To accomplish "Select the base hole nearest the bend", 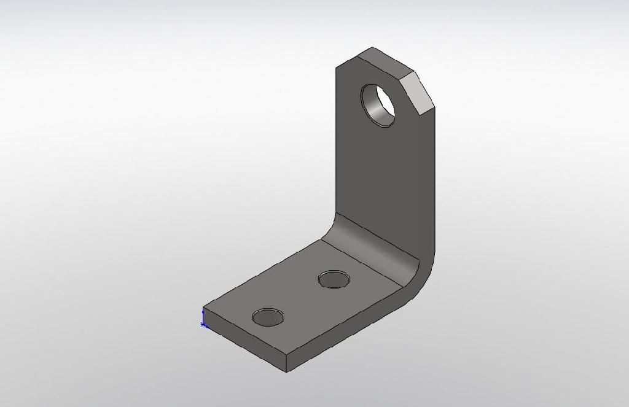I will [334, 280].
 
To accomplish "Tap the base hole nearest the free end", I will [268, 317].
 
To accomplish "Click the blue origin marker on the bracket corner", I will [204, 324].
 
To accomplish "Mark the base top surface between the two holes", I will [301, 295].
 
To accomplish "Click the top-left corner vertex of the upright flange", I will [336, 68].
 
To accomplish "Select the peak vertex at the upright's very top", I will [372, 47].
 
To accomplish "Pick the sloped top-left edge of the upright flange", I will [354, 57].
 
